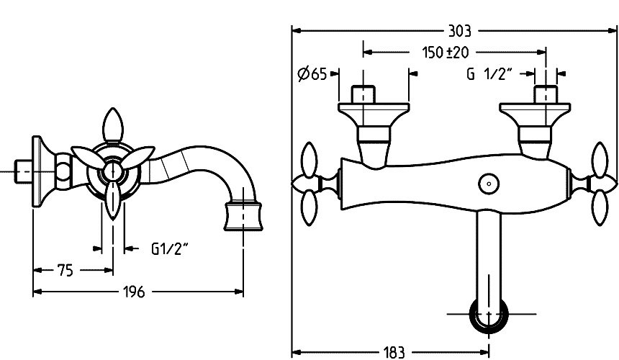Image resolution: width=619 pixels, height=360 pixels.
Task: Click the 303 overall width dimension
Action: pos(459,31)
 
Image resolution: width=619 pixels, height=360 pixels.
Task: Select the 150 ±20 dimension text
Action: pos(446,52)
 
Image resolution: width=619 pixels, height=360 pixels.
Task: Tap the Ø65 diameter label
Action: pos(312,74)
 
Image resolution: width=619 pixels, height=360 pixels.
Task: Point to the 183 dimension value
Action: pos(394,352)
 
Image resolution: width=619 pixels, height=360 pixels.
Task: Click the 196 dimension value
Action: pos(134,292)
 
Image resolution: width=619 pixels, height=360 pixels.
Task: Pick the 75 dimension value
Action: pos(65,271)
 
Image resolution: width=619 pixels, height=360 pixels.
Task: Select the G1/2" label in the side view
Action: pos(170,249)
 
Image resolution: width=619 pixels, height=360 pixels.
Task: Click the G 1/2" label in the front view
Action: pos(489,74)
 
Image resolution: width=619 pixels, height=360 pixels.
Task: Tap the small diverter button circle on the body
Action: pos(489,184)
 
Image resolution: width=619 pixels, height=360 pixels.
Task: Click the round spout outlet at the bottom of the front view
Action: pos(489,315)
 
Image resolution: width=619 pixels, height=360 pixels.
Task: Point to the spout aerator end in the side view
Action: pos(243,215)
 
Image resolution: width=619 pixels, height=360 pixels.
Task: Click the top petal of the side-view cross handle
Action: pos(113,125)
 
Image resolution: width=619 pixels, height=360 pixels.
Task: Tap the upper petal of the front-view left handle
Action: pos(309,161)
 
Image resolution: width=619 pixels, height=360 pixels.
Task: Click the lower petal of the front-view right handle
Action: pos(600,207)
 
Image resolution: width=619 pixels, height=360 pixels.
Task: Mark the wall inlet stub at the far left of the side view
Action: pos(24,171)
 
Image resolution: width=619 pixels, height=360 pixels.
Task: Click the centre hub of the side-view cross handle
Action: pos(112,171)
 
